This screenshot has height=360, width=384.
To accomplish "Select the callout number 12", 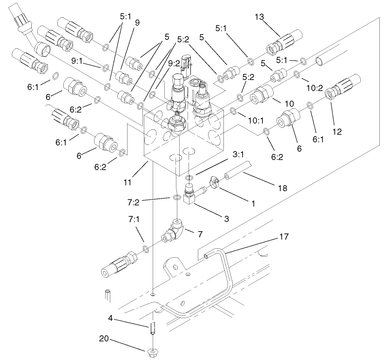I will click(337, 132).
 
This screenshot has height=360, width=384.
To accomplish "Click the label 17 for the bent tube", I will click(284, 236).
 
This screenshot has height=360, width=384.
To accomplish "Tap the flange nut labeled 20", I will click(152, 352).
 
